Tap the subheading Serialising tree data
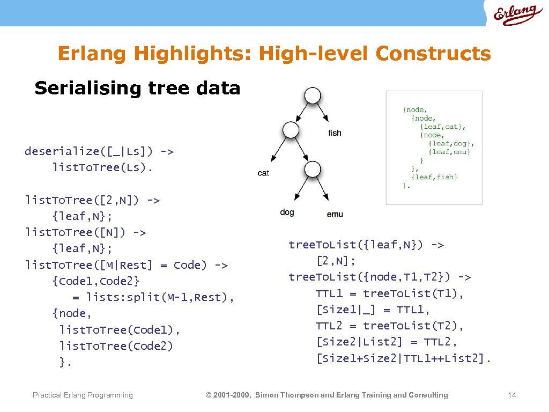coord(137,88)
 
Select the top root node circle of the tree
coord(313,96)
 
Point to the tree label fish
coord(334,133)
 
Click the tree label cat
coord(263,173)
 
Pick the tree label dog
coord(287,212)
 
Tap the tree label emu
coord(335,214)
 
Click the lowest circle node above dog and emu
coord(312,170)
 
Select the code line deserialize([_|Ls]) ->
coord(99,151)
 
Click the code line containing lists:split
coord(153,297)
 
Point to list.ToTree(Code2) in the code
coord(116,346)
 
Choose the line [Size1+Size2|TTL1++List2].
coord(403,358)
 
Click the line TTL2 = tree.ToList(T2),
coord(390,326)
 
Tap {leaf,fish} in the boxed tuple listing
coord(434,177)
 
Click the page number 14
coord(511,395)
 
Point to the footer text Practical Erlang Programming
coord(83,395)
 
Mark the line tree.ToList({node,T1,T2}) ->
coord(380,277)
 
